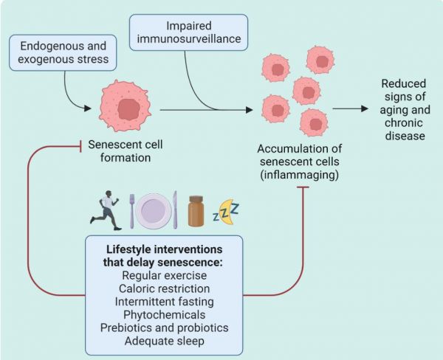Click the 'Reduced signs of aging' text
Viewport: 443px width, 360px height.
(405, 110)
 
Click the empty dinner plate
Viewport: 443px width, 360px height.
(154, 210)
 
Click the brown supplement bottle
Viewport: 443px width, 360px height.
(196, 212)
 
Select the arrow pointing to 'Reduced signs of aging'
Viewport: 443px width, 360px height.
(351, 109)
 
